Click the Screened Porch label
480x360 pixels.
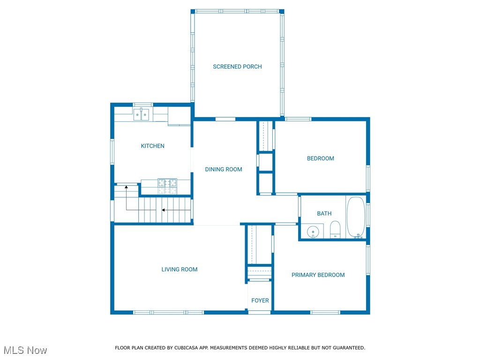coord(237,67)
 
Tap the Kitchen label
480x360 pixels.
coord(153,146)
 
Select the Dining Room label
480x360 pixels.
coord(224,169)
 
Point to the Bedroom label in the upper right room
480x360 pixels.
coord(321,158)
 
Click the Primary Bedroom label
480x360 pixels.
coord(318,275)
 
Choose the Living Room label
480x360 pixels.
coord(180,269)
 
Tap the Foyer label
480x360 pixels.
coord(260,300)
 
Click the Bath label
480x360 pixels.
coord(324,213)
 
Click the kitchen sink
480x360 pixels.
coord(142,114)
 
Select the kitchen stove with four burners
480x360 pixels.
coord(167,186)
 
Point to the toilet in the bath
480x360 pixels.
coord(335,230)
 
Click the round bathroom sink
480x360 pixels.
coord(313,231)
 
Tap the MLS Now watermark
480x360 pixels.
coord(25,350)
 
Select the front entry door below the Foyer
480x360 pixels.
coord(260,312)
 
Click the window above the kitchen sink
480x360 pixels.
coord(142,105)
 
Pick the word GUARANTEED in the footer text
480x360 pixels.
coord(347,348)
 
